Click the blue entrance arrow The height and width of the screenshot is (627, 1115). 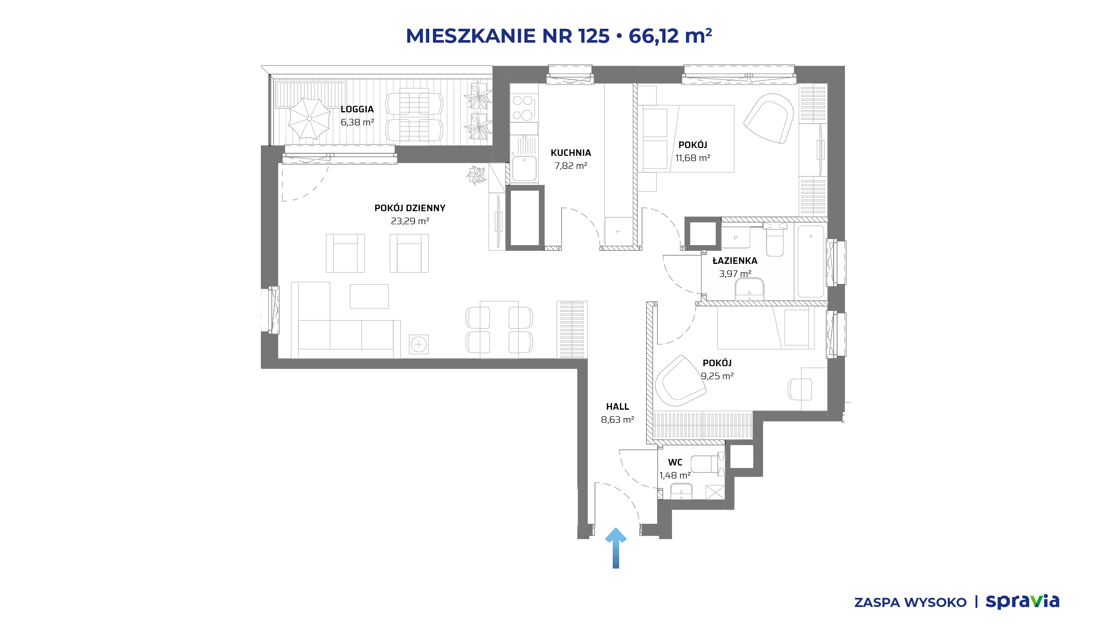615,548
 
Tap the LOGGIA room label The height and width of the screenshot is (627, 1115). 357,109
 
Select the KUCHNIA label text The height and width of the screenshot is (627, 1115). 571,153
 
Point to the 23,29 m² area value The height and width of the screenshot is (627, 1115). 410,221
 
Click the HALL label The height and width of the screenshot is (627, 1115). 618,407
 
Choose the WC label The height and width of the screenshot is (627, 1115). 675,462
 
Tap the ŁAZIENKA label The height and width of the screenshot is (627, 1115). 735,261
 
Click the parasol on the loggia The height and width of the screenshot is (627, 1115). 310,118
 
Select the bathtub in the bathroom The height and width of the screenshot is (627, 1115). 811,261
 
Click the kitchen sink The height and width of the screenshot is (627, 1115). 524,169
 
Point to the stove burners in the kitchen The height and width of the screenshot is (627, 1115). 523,108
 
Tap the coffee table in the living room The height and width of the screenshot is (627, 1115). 369,297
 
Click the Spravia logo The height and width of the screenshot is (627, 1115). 1022,601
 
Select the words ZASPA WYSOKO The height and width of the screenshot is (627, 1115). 910,603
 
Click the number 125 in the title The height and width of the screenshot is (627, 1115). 594,36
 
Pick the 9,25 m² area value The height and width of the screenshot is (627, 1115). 717,376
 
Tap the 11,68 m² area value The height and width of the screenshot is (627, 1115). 693,158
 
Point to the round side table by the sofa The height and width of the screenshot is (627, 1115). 419,345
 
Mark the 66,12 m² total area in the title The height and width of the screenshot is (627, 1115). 670,36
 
